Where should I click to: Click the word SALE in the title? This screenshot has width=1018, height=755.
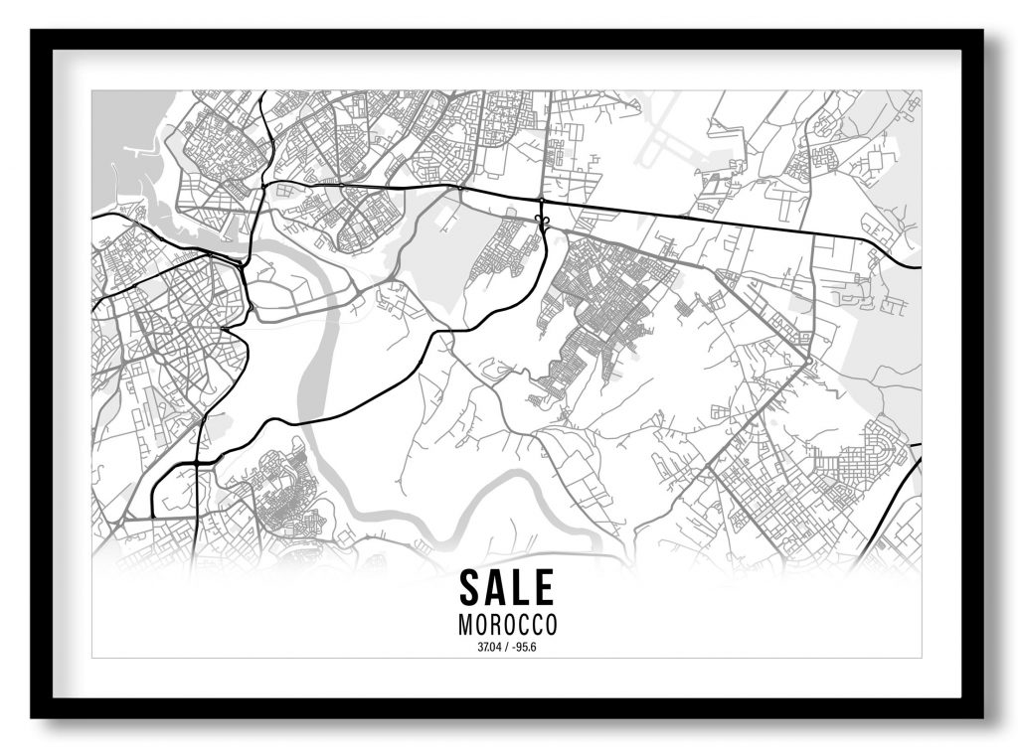click(x=507, y=588)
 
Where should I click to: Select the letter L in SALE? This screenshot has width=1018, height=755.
click(x=520, y=588)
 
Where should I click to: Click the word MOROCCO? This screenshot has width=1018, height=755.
click(x=507, y=625)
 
